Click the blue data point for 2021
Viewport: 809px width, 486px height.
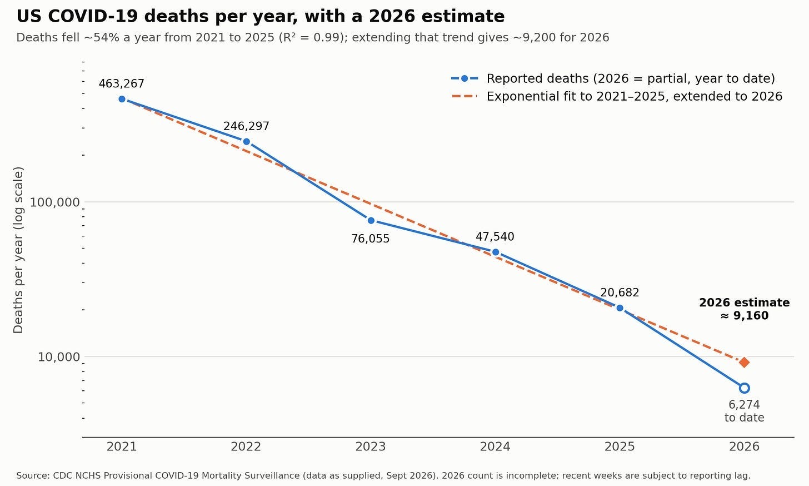point(122,99)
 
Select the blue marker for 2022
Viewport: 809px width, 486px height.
point(246,142)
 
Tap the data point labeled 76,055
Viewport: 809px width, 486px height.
point(371,220)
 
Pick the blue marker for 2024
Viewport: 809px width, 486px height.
point(496,252)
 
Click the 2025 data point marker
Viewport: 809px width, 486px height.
point(620,308)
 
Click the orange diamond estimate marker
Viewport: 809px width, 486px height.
point(744,362)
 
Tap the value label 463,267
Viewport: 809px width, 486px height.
point(121,84)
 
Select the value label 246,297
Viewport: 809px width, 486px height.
point(246,126)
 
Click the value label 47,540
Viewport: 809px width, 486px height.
point(495,237)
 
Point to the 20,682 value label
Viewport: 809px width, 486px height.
point(620,292)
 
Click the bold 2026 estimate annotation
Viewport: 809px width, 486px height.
point(745,309)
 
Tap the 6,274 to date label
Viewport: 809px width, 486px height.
point(745,411)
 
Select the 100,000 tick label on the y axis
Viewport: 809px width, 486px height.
point(54,202)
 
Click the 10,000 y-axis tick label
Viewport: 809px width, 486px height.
point(59,357)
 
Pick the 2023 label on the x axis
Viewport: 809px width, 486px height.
point(371,447)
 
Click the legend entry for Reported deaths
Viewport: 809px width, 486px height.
point(613,78)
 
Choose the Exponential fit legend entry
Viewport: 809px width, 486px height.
point(617,97)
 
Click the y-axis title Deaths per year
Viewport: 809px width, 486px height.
point(18,250)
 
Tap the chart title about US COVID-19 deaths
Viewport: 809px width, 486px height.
point(261,17)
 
